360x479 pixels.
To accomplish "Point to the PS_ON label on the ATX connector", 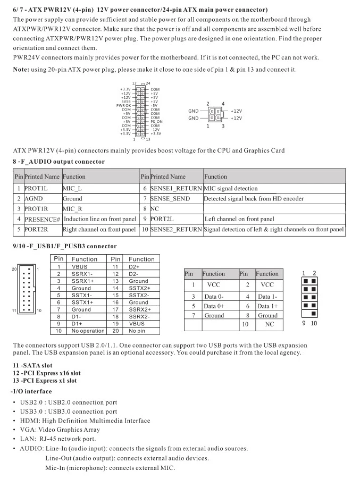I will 157,121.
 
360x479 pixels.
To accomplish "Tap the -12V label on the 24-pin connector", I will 156,129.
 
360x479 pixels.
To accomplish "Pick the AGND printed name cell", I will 33,198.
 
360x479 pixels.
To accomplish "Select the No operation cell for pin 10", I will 88,331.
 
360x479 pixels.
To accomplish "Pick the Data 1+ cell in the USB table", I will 267,306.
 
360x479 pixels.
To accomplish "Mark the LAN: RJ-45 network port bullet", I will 58,439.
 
